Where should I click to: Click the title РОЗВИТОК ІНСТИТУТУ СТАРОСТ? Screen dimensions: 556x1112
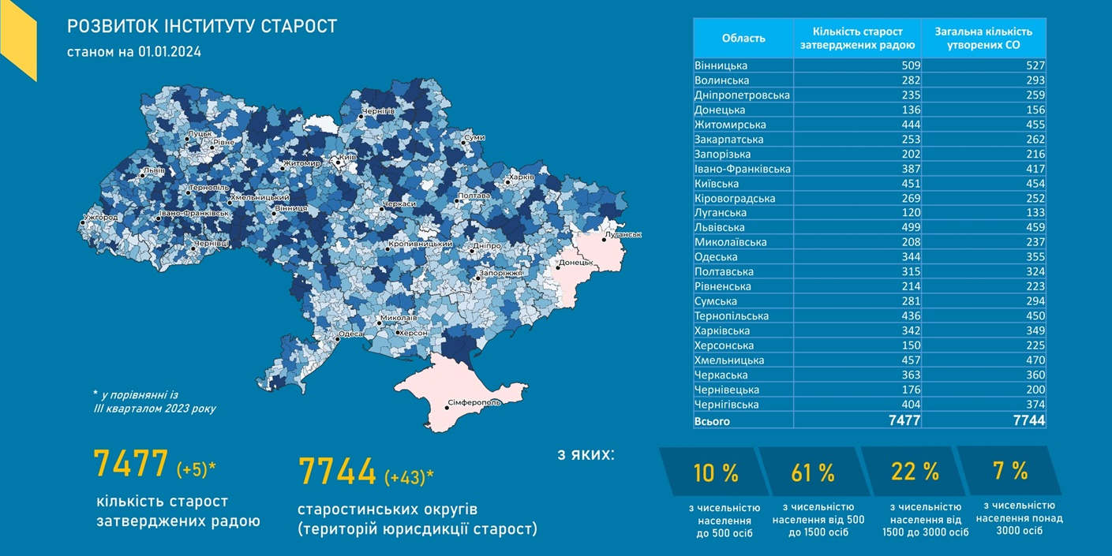coord(202,27)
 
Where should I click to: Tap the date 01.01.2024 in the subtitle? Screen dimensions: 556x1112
coord(170,53)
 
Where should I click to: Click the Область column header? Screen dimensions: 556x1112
coord(743,38)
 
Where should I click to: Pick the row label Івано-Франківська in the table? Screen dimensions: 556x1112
coord(742,169)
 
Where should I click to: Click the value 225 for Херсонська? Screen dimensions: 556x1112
coord(1034,345)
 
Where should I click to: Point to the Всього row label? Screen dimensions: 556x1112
coord(712,421)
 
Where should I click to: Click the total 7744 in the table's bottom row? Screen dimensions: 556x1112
coord(1029,421)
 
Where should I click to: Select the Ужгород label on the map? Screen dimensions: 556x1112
coord(101,217)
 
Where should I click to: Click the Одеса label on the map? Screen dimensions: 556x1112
coord(350,334)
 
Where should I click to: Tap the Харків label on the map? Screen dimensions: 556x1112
coord(522,177)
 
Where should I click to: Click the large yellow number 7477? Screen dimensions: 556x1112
coord(131,464)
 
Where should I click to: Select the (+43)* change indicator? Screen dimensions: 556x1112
coord(409,477)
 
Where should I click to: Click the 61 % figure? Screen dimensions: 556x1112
coord(813,473)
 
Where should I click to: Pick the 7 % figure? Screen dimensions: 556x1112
coord(1010,471)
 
